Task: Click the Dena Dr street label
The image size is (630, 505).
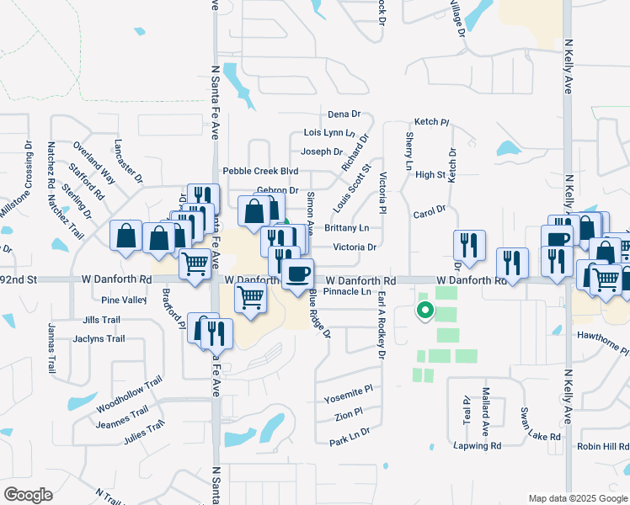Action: [344, 114]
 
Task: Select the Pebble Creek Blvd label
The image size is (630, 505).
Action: [260, 171]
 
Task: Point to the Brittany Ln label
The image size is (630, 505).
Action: [347, 228]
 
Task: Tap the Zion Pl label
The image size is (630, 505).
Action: [347, 415]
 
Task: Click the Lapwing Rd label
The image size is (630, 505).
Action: [477, 445]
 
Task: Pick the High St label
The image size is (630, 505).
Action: [430, 174]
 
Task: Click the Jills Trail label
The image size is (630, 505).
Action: [103, 321]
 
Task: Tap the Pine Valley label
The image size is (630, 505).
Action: [124, 300]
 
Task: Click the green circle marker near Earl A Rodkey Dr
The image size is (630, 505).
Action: [425, 311]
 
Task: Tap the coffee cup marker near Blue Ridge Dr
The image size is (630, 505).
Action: [297, 274]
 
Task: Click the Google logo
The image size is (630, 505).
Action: [28, 495]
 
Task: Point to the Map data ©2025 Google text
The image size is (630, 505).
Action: [577, 498]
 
